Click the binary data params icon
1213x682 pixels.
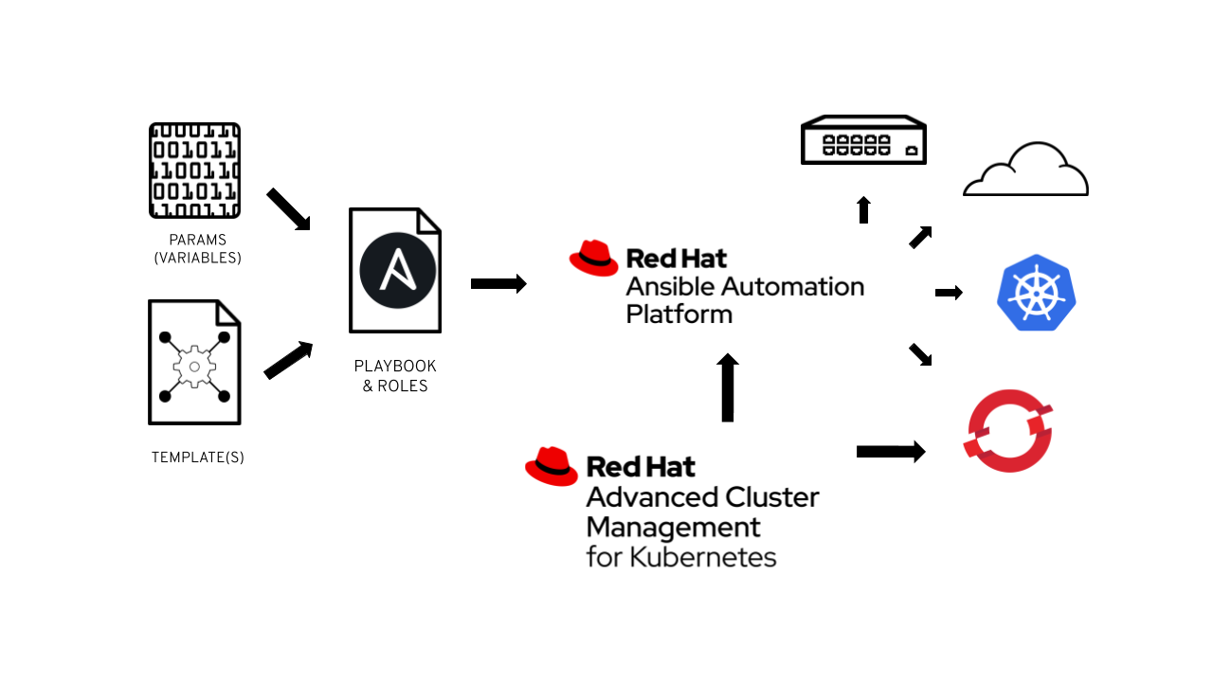[x=194, y=170]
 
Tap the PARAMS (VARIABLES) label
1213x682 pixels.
[x=197, y=249]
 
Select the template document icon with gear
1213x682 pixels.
[x=194, y=363]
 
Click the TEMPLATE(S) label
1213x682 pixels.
[x=197, y=458]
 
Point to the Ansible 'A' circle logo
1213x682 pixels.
[x=397, y=270]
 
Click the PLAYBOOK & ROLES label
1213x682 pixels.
[x=395, y=376]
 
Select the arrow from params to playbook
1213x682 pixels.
[x=288, y=208]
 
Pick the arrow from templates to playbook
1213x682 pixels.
[x=288, y=361]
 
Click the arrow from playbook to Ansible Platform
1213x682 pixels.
[x=498, y=283]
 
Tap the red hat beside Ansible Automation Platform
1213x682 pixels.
[x=593, y=258]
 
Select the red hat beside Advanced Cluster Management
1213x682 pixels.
[x=552, y=466]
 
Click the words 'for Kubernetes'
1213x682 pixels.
[x=681, y=556]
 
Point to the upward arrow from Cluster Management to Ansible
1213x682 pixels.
[x=728, y=387]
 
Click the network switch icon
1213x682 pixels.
[x=863, y=140]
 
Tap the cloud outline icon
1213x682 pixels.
[x=1026, y=170]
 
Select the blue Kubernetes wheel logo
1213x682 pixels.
[x=1037, y=293]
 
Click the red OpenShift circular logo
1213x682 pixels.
[x=1009, y=430]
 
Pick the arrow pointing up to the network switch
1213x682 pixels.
[x=863, y=209]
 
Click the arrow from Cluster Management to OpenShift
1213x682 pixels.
[x=890, y=452]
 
